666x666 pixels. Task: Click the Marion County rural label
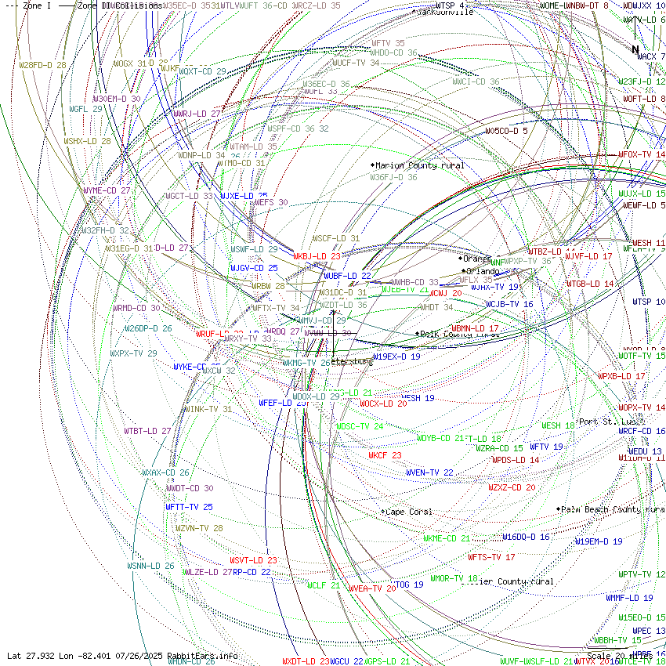tap(419, 165)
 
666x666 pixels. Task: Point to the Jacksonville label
tap(446, 12)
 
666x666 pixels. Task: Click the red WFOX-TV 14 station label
tap(641, 154)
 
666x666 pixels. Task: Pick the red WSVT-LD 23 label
tap(253, 560)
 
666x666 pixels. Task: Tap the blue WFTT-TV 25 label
tap(189, 507)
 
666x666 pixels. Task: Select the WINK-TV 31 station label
tap(208, 409)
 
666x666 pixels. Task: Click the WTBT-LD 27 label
tap(147, 431)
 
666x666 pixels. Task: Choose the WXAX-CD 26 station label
tap(165, 472)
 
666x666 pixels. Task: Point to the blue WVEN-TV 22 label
tap(429, 472)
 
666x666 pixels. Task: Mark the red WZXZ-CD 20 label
tap(512, 487)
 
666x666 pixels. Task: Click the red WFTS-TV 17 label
tap(491, 557)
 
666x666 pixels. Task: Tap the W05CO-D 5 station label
tap(506, 131)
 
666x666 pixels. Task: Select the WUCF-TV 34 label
tap(356, 63)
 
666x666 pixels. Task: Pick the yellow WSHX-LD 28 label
tap(87, 141)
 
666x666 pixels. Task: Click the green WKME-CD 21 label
tap(447, 538)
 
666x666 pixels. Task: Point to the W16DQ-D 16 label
tap(526, 537)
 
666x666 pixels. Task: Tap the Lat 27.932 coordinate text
tap(31, 655)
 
